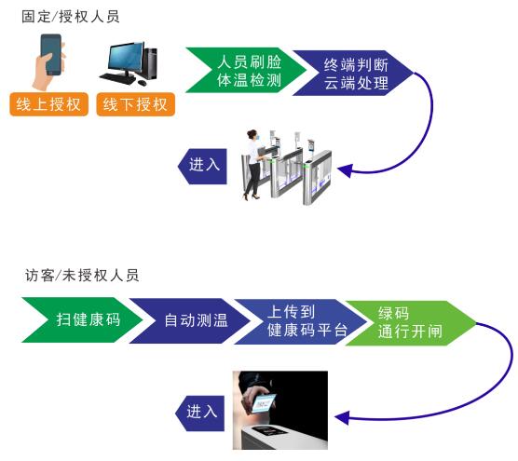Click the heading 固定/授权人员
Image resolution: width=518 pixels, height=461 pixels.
(71, 17)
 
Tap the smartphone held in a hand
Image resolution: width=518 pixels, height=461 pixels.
(51, 55)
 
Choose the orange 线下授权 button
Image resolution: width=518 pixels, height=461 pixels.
(135, 103)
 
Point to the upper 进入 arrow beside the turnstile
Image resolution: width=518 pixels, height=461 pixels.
(203, 165)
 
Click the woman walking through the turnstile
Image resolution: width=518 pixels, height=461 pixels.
(253, 162)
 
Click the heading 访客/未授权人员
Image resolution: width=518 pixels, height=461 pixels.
(82, 276)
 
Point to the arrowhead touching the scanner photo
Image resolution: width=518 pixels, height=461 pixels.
(337, 417)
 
